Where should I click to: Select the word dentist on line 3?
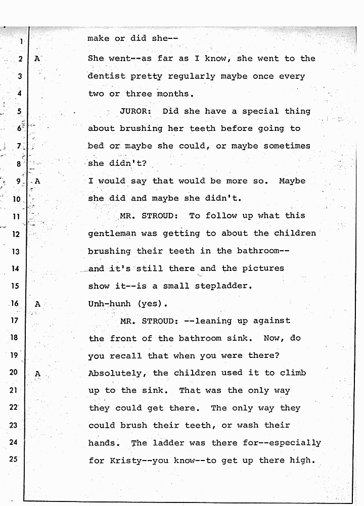click(x=106, y=76)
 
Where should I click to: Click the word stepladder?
click(x=222, y=286)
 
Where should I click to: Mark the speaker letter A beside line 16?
click(x=37, y=304)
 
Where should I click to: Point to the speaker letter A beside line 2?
click(x=37, y=59)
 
